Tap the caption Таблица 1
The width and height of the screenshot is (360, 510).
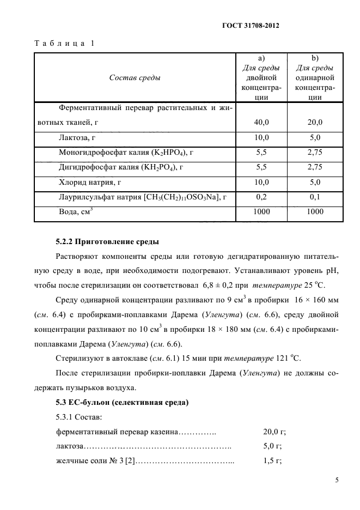pos(64,43)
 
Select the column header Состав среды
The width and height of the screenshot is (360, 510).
pos(135,77)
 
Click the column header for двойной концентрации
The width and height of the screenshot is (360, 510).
pos(261,77)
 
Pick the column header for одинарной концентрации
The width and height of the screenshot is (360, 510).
pos(315,77)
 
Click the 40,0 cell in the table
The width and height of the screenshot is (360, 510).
pos(261,123)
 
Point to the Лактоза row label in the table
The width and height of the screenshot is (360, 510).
pos(77,138)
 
